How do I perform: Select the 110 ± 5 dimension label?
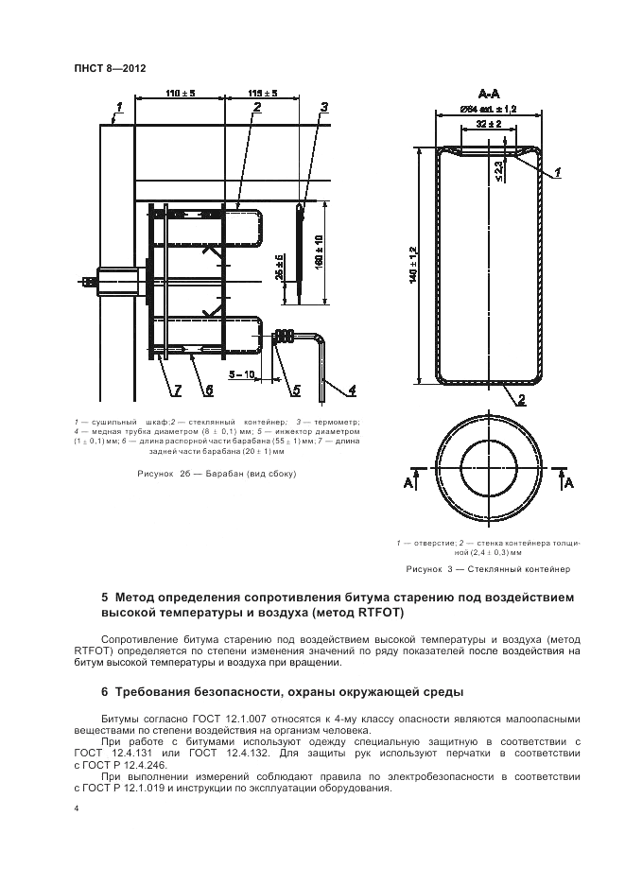click(180, 93)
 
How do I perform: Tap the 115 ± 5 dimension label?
click(262, 93)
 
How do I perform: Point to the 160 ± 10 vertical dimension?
click(321, 250)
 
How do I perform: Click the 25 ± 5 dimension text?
click(281, 269)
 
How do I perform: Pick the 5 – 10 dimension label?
click(247, 374)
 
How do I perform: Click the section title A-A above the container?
click(489, 94)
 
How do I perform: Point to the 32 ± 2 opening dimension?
click(488, 124)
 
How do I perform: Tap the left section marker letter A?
click(409, 482)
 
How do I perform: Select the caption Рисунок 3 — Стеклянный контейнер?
click(488, 569)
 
